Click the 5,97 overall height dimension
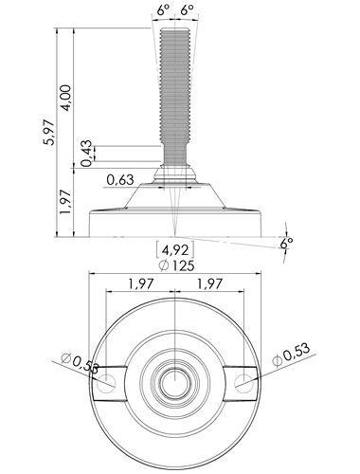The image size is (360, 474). (50, 133)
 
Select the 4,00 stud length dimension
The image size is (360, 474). (66, 98)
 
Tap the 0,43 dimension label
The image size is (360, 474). (86, 154)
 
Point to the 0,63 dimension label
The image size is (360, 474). (120, 180)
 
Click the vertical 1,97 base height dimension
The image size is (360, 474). (66, 202)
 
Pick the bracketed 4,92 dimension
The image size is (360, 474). (175, 250)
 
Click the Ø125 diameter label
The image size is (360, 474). (177, 265)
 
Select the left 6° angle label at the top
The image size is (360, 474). (163, 10)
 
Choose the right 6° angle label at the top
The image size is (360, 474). (187, 10)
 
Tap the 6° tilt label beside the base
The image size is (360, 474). (286, 244)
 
